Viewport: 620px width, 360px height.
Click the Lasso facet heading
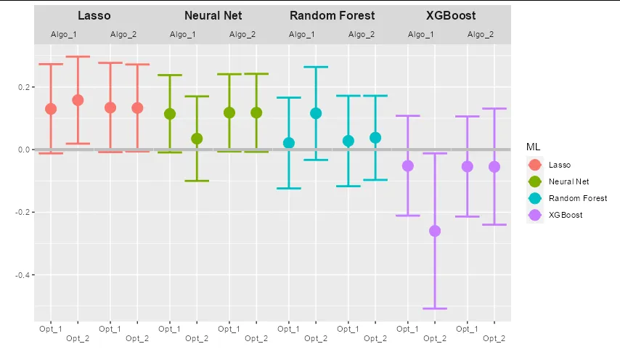pyautogui.click(x=94, y=15)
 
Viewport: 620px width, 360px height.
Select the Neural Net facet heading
pyautogui.click(x=213, y=15)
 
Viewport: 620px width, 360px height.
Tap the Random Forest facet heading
pyautogui.click(x=332, y=15)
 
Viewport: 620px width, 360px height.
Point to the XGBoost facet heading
pyautogui.click(x=451, y=15)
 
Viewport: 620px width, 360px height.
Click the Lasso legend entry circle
pyautogui.click(x=535, y=165)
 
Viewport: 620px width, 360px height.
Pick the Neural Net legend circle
pyautogui.click(x=535, y=182)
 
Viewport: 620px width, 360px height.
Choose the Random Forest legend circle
pyautogui.click(x=535, y=198)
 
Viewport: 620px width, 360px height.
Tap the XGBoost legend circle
pyautogui.click(x=535, y=215)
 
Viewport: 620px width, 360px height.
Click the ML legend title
pyautogui.click(x=534, y=147)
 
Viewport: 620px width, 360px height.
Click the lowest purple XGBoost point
pyautogui.click(x=435, y=231)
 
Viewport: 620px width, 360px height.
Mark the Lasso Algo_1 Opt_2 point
pyautogui.click(x=78, y=100)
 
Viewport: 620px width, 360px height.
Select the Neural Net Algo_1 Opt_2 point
pyautogui.click(x=197, y=139)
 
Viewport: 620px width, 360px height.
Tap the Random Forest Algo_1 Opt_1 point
pyautogui.click(x=289, y=143)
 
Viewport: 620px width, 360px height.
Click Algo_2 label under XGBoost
pyautogui.click(x=481, y=34)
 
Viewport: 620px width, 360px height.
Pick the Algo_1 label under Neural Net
pyautogui.click(x=183, y=34)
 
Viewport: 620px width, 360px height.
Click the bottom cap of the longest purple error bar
pyautogui.click(x=435, y=308)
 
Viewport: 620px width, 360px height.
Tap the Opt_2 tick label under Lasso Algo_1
pyautogui.click(x=78, y=338)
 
